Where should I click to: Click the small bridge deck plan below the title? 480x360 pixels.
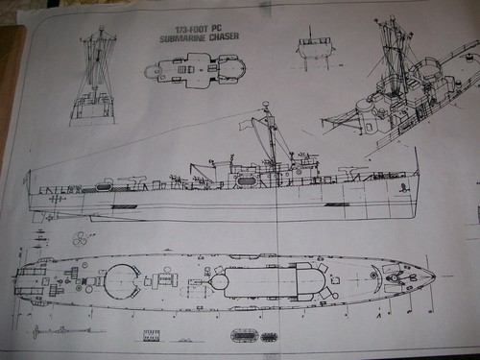(195, 70)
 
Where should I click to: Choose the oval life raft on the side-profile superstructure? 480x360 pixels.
(247, 180)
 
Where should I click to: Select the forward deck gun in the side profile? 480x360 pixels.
(355, 170)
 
